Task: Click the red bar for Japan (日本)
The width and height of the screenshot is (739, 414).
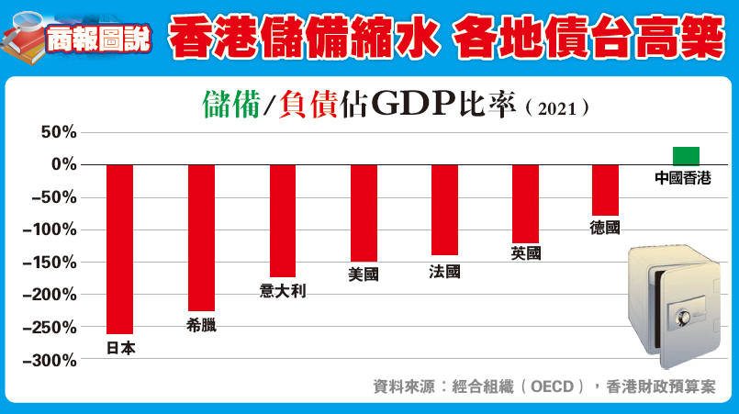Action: click(120, 248)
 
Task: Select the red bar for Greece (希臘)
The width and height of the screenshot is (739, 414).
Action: click(201, 238)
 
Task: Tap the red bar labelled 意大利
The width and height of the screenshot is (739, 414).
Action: click(283, 220)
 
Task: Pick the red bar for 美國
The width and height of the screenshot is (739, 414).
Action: click(364, 213)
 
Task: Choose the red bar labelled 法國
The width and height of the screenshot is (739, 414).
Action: click(444, 209)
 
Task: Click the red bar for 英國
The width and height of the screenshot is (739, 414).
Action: click(525, 203)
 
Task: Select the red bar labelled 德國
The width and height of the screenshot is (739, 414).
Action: click(605, 189)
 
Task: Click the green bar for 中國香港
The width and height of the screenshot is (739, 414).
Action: click(686, 155)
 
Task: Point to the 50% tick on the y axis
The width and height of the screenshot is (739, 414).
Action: click(58, 132)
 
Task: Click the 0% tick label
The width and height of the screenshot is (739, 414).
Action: click(63, 164)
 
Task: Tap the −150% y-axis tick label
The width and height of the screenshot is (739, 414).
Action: click(51, 263)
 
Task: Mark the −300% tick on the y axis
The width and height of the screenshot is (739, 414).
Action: click(51, 361)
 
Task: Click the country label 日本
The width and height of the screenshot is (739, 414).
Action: click(120, 348)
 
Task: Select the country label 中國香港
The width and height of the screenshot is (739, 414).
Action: click(683, 178)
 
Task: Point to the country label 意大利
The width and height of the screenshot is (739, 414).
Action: click(283, 291)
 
